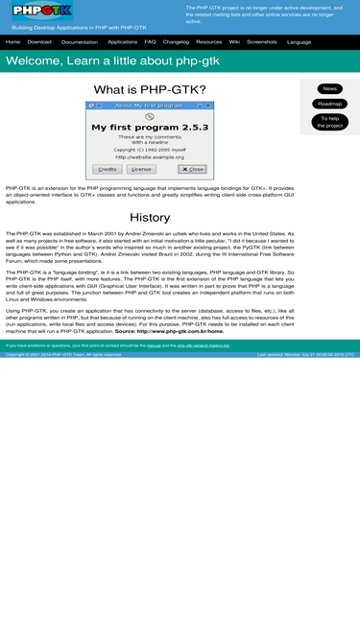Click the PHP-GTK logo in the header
[x=42, y=12]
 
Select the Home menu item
[x=12, y=42]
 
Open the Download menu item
[x=39, y=42]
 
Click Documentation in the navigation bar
[x=80, y=42]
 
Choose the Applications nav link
[x=122, y=42]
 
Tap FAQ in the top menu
[x=150, y=42]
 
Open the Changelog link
[x=176, y=42]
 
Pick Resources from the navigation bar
[x=208, y=42]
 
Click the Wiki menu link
[x=234, y=42]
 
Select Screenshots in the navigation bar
[x=262, y=42]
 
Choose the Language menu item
[x=299, y=42]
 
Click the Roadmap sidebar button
[x=329, y=104]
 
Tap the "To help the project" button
[x=329, y=122]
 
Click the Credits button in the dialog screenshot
[x=108, y=169]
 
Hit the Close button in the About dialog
[x=192, y=169]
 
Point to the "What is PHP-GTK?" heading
[x=150, y=90]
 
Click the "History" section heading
[x=150, y=217]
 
